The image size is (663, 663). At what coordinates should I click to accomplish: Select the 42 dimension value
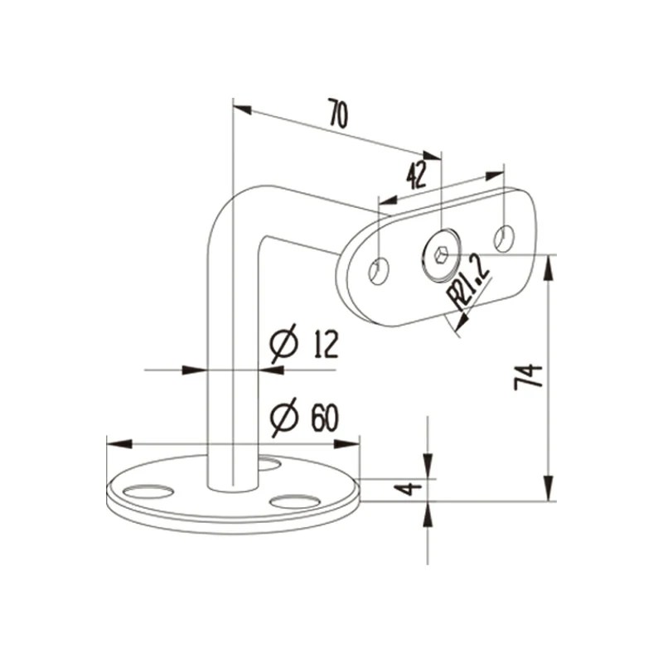click(x=417, y=175)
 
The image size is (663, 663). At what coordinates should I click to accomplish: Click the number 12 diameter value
click(x=325, y=343)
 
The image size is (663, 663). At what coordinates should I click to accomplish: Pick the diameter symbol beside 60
click(x=283, y=419)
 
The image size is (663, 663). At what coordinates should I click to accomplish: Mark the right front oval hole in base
click(x=295, y=501)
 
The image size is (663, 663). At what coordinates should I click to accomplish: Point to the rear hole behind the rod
click(x=269, y=462)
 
